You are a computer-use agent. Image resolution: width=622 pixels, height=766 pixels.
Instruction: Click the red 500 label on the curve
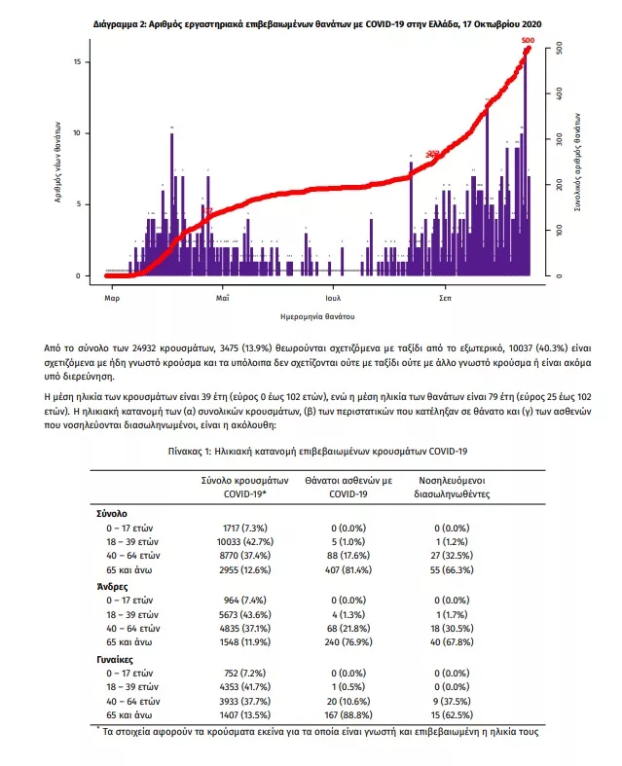(x=528, y=40)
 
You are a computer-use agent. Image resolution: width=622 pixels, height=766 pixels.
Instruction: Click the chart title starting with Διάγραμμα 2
(x=318, y=21)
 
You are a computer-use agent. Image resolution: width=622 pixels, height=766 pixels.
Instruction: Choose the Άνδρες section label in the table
(x=113, y=587)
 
